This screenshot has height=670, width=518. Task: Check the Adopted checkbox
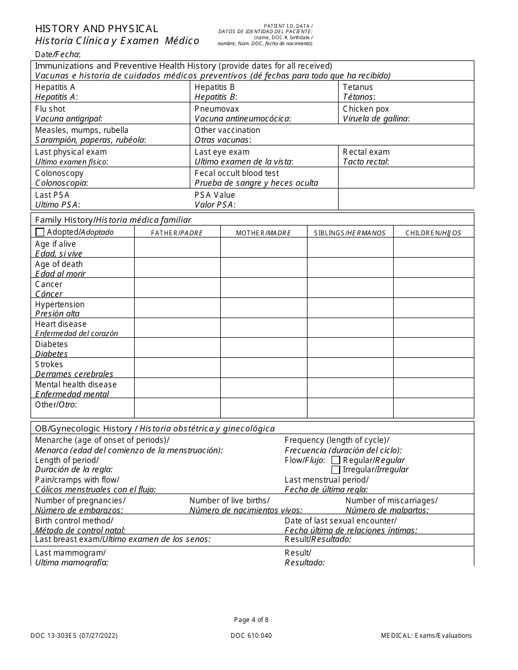tap(40, 233)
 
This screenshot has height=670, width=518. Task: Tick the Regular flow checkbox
tap(336, 460)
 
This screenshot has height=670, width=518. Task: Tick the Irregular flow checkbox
tap(336, 470)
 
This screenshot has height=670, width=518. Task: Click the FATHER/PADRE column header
tap(177, 233)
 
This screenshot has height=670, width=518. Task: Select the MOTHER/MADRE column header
tap(263, 233)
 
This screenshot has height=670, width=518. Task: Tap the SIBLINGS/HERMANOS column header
tap(350, 233)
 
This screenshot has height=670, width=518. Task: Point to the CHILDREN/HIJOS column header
tap(433, 233)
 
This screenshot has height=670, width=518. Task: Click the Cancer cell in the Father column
tap(177, 288)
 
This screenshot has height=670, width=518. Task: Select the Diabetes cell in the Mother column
tap(263, 348)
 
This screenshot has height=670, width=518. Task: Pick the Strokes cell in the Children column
tap(433, 368)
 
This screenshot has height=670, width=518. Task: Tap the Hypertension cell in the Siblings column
tap(350, 308)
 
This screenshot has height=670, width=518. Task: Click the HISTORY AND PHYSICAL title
tap(97, 29)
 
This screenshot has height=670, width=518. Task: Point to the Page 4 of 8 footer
tap(251, 619)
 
